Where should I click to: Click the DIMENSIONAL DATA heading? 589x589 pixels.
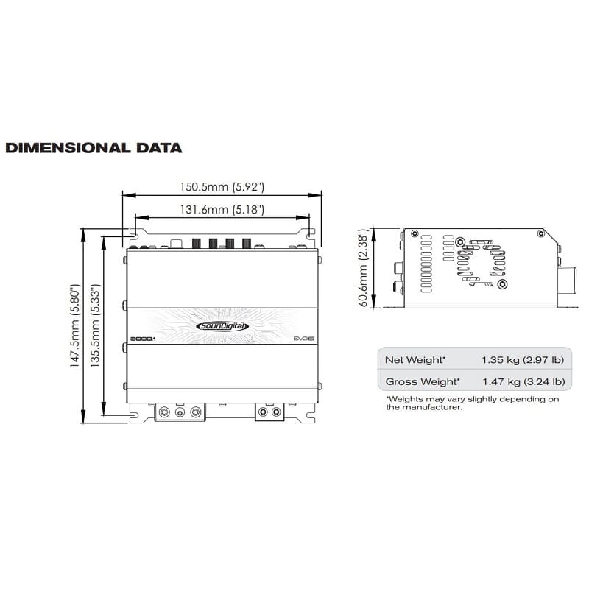click(94, 147)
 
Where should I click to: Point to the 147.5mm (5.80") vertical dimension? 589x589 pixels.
click(75, 326)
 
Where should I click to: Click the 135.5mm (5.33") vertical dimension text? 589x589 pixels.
click(94, 326)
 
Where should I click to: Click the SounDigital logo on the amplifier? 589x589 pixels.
click(222, 327)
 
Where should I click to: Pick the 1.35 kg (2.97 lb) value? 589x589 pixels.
click(523, 360)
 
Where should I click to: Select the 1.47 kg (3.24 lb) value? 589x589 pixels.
click(523, 381)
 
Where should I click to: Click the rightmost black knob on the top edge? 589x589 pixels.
click(246, 243)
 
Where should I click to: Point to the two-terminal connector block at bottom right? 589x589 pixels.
click(269, 412)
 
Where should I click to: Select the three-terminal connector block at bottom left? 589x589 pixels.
click(178, 412)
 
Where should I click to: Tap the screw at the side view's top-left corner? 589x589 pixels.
click(416, 233)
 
